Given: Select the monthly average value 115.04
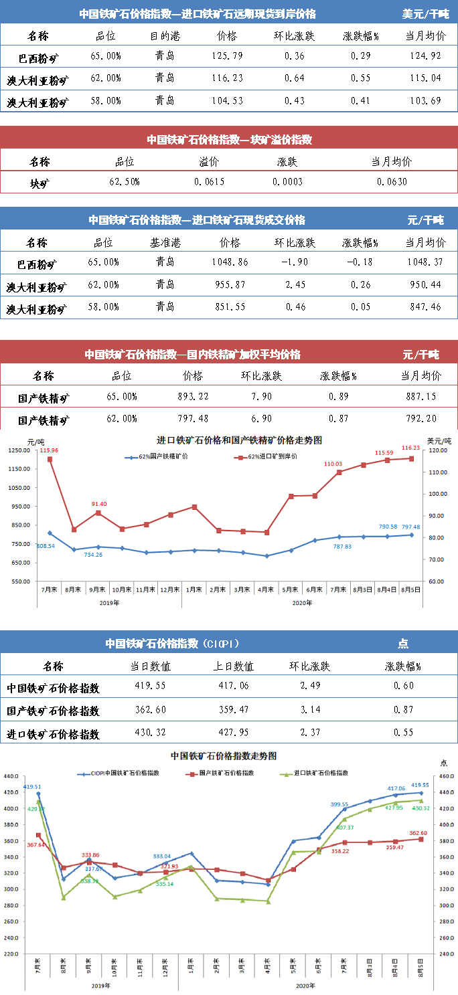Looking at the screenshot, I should click(x=425, y=78).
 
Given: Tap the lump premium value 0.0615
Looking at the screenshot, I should click(x=210, y=182).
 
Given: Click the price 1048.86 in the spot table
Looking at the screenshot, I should click(x=229, y=262).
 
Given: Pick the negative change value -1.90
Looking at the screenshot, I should click(x=295, y=262).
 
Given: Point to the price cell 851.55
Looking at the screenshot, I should click(x=229, y=307).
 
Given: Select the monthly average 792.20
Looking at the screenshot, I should click(x=421, y=420).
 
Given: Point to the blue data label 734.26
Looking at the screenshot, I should click(x=93, y=555).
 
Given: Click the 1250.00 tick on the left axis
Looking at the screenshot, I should click(x=20, y=450).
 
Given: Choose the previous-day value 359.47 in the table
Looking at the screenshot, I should click(x=233, y=710).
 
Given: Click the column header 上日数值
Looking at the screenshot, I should click(x=233, y=666).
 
